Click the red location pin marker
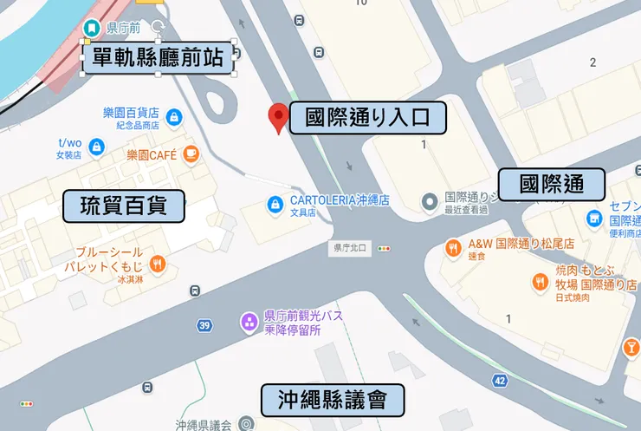[278, 117]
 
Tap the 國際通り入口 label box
[367, 118]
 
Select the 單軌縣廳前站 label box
[159, 59]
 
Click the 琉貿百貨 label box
[125, 207]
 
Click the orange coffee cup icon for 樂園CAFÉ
[190, 155]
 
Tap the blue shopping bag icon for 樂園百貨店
[173, 116]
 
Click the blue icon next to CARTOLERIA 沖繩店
[275, 205]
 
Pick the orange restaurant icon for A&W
[452, 248]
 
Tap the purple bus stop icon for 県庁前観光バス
[249, 323]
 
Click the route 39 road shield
[204, 325]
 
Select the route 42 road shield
[500, 380]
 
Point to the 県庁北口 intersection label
[351, 248]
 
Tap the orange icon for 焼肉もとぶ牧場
[539, 281]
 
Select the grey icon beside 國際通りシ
[429, 202]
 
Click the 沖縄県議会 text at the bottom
[203, 425]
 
